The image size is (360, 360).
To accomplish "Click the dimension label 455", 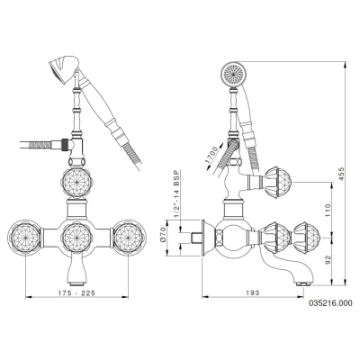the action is tap(342, 174).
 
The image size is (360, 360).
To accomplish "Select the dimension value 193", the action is tap(254, 292).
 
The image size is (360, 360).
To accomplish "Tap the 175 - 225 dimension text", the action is tap(77, 293).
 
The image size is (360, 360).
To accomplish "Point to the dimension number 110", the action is tap(328, 211).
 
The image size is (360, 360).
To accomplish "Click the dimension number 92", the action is tap(328, 260).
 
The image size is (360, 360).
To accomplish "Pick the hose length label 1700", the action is tap(212, 156).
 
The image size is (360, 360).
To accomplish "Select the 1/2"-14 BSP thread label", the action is tap(175, 194).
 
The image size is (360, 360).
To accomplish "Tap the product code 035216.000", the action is tap(330, 303).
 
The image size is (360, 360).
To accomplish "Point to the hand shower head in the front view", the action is tap(64, 68).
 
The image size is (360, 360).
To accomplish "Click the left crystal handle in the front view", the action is tap(25, 237).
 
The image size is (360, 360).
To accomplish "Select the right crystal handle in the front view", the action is tap(129, 237).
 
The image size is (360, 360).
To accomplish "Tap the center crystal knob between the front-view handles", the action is tap(77, 237).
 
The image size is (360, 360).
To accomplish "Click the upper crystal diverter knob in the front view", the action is tap(77, 183).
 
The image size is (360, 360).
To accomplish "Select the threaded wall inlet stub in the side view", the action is tap(196, 237).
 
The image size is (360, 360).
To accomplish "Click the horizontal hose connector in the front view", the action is tap(62, 144).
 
